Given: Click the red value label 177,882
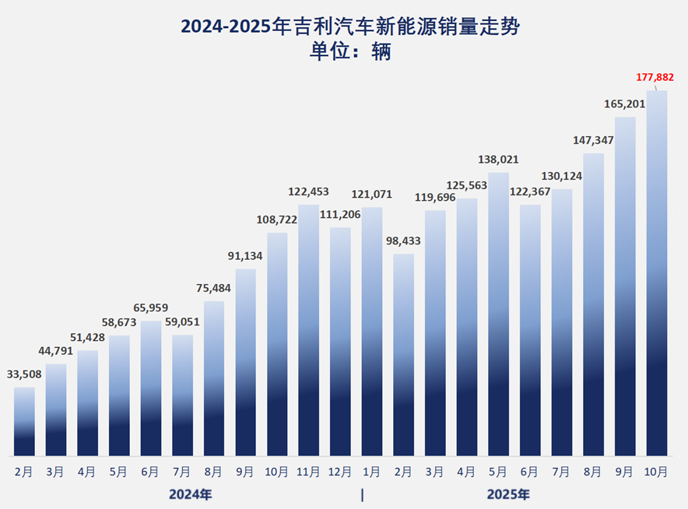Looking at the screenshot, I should (x=655, y=77).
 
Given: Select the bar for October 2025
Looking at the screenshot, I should (x=657, y=272).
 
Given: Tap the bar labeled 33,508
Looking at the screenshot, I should (x=24, y=421).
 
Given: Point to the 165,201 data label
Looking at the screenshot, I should (x=625, y=104).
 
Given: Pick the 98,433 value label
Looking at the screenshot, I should (x=403, y=241).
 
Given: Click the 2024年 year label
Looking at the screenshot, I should (x=191, y=494).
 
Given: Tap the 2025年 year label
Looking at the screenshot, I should (x=508, y=494).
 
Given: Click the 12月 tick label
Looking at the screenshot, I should (x=340, y=472).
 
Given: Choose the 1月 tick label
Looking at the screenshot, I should (x=372, y=472).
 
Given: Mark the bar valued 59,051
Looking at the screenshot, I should (x=182, y=395).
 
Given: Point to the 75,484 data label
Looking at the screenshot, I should (x=214, y=288).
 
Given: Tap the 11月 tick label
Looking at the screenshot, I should (x=309, y=472).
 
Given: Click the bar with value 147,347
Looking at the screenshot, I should (x=594, y=304).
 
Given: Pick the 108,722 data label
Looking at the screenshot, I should (x=277, y=220).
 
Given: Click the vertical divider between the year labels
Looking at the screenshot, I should (x=362, y=494).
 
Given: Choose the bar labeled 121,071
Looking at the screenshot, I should (x=372, y=331).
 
